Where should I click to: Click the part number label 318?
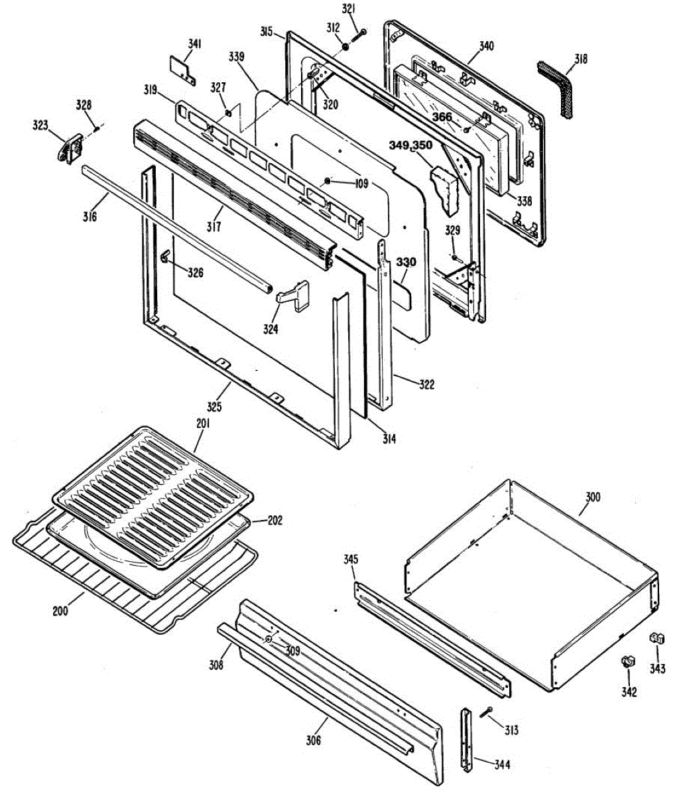(x=580, y=59)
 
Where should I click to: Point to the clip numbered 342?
(x=627, y=661)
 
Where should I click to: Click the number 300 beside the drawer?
(x=592, y=497)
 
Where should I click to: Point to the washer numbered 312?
(x=346, y=47)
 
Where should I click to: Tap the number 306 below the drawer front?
(x=313, y=740)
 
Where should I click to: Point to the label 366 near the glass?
(x=442, y=117)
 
